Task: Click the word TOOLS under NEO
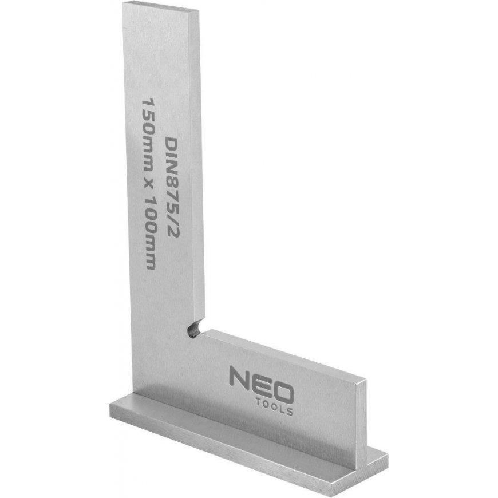274,408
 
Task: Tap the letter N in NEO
239,377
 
